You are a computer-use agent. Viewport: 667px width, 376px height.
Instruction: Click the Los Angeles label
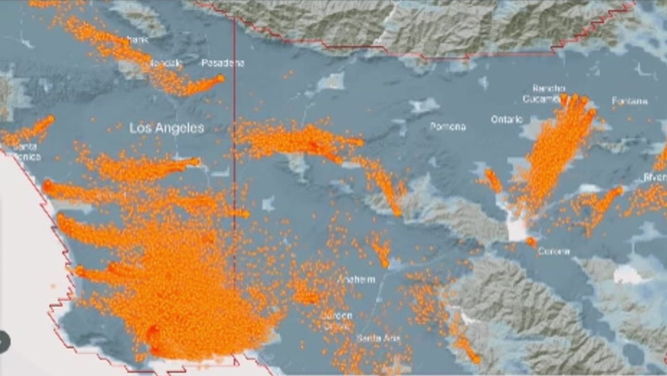point(167,128)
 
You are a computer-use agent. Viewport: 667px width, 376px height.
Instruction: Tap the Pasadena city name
point(222,63)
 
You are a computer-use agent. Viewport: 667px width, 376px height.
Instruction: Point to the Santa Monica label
point(25,152)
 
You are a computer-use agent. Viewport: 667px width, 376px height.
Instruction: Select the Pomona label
point(447,127)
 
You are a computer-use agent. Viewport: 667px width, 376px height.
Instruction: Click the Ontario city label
point(508,119)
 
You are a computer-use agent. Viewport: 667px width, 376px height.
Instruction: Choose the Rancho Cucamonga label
point(548,93)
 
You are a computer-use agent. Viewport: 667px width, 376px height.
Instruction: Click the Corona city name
point(553,251)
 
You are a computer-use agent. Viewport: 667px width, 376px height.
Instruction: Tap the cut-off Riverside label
point(655,176)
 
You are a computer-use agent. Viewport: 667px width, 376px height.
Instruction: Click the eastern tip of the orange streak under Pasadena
point(220,79)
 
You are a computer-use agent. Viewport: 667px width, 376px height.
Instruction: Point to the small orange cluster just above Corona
point(531,242)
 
